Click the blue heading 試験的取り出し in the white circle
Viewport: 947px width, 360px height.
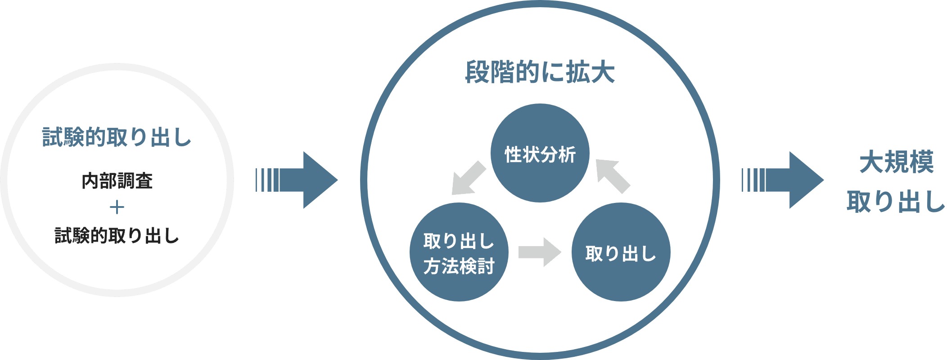pos(117,137)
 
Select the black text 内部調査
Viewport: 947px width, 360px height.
pos(117,181)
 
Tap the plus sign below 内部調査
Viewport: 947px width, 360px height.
pos(117,207)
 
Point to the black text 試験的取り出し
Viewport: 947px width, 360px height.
pos(117,235)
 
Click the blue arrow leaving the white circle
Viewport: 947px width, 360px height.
pos(306,180)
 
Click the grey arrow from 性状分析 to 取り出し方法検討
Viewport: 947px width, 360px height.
pos(469,179)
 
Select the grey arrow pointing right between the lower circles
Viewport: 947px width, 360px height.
pos(540,252)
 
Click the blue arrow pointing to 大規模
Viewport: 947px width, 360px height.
pos(792,180)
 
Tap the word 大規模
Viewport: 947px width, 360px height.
pos(897,162)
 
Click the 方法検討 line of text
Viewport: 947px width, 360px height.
pos(459,266)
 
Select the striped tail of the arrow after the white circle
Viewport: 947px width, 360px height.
pos(267,180)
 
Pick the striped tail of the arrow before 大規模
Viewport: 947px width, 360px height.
pos(753,180)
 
